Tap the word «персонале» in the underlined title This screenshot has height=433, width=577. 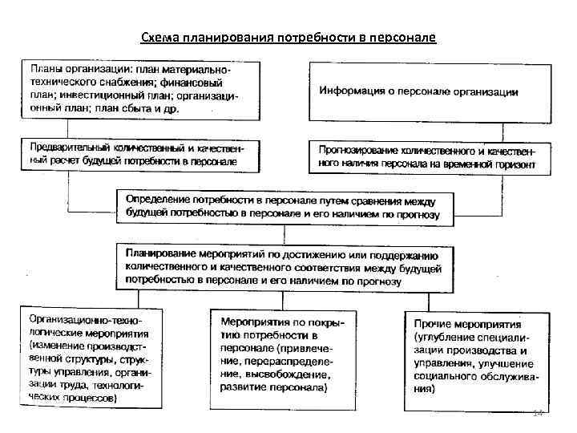coord(401,38)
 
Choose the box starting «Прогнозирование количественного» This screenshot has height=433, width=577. coord(430,156)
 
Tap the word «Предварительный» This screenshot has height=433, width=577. coord(72,148)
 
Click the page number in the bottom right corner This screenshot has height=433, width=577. coord(538,412)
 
